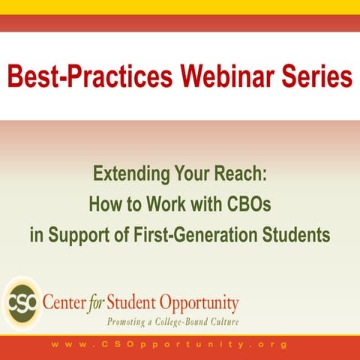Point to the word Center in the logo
pos(66,304)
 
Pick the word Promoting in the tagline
pos(127,322)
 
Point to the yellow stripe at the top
pos(180,7)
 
